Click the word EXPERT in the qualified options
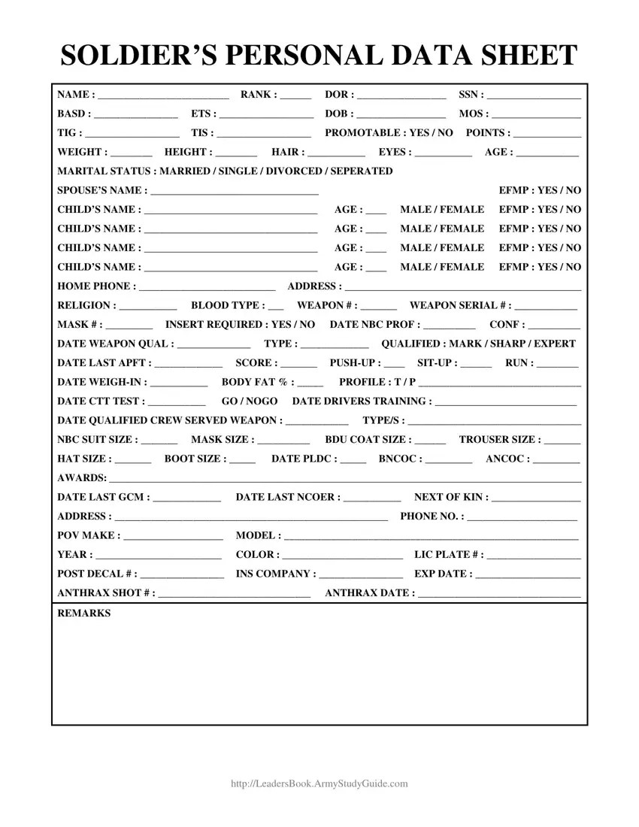click(555, 344)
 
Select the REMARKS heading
click(83, 613)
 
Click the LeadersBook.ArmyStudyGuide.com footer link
click(319, 783)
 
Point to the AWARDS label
click(80, 477)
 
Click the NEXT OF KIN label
click(449, 497)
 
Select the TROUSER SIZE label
click(499, 439)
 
